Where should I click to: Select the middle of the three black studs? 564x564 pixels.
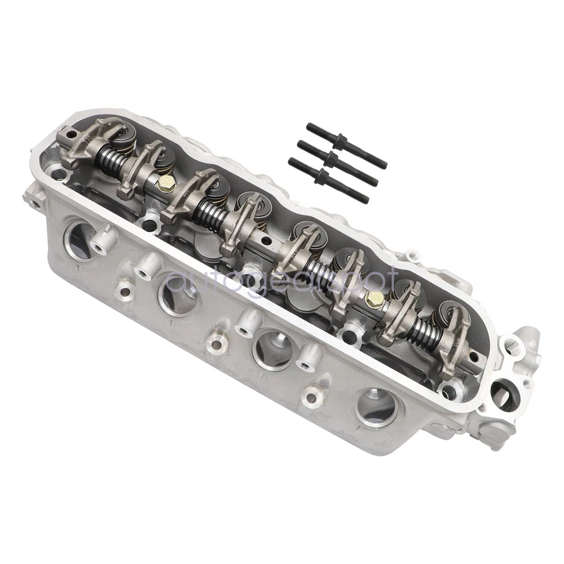338,162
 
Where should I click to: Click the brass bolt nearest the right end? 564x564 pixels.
374,297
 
